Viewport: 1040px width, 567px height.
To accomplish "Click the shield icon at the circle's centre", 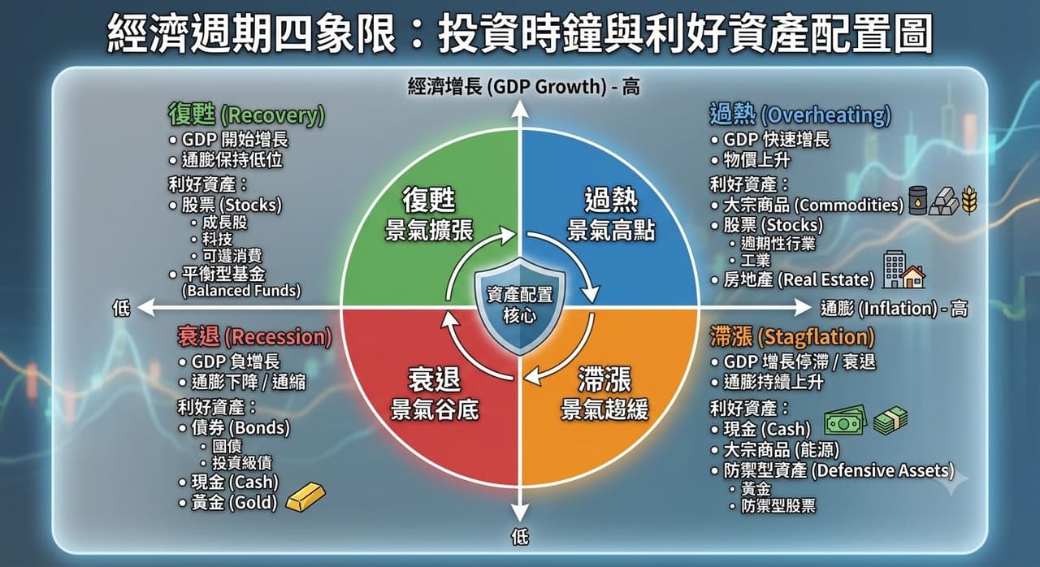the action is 519,306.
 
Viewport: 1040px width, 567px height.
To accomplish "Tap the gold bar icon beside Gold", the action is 305,497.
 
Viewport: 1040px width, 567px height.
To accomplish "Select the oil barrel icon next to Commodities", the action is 917,201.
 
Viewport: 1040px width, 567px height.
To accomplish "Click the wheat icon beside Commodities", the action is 969,201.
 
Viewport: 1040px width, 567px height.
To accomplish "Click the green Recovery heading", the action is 246,115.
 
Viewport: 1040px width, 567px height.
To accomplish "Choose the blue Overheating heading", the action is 800,115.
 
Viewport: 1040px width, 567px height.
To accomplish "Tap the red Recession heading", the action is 254,337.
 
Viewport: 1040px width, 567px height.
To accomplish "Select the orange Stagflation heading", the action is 792,337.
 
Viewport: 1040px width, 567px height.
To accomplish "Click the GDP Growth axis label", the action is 524,87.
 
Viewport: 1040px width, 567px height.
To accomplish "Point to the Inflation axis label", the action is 895,309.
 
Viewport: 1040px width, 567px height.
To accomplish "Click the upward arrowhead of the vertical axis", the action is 519,110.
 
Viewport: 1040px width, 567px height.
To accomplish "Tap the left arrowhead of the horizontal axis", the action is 145,308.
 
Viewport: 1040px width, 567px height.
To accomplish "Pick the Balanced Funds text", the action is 241,291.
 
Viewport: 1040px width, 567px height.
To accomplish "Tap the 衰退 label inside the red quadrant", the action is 435,379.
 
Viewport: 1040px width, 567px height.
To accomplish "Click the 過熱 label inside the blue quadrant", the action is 612,200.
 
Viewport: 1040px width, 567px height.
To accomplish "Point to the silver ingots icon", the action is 944,201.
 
